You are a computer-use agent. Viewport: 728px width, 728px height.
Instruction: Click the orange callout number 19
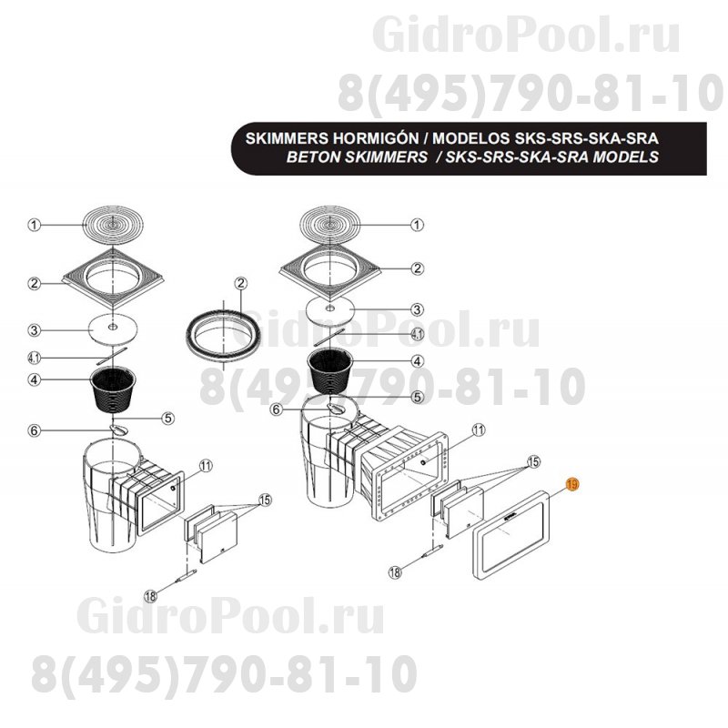click(x=571, y=486)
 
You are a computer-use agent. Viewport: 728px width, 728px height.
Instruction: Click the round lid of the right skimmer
click(x=329, y=223)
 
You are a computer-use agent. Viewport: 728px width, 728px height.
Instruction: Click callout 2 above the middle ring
click(x=240, y=283)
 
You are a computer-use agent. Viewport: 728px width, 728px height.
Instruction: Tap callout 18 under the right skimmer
click(x=395, y=572)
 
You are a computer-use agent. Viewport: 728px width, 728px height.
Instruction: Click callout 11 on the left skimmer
click(x=206, y=465)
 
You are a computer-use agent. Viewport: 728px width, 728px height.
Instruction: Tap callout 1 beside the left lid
click(x=34, y=224)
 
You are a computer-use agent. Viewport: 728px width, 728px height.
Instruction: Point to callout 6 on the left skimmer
click(x=34, y=430)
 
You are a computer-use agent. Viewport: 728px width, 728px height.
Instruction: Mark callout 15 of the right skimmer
click(x=534, y=462)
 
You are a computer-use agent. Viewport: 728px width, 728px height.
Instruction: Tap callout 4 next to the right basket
click(x=417, y=361)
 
